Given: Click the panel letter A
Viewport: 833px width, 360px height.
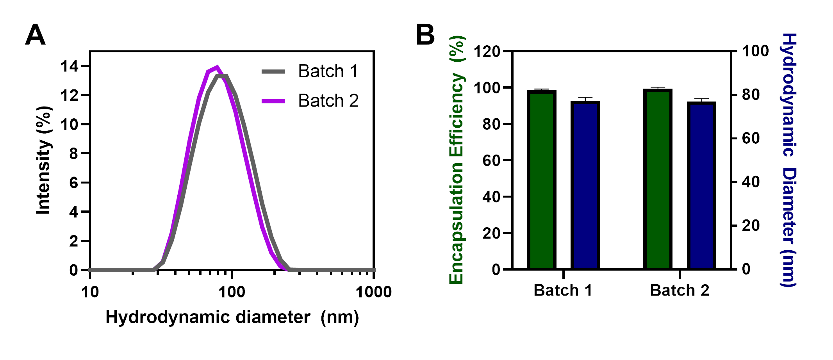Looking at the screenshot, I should click(35, 35).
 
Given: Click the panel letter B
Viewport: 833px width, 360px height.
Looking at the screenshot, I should click(425, 35).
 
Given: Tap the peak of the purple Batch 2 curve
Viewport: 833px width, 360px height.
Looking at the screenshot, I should click(217, 67).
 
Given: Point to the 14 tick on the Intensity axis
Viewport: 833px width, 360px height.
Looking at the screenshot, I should click(69, 66).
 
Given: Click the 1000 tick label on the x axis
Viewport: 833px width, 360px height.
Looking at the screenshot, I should click(373, 292).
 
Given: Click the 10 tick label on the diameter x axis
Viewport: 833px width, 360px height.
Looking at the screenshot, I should click(90, 292).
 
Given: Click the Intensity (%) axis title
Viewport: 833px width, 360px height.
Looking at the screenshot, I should click(44, 160).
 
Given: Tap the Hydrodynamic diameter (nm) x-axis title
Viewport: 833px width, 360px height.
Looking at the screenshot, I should click(232, 317).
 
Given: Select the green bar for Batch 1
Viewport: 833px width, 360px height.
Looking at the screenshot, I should click(541, 180).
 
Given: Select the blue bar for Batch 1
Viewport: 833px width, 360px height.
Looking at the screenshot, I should click(585, 185).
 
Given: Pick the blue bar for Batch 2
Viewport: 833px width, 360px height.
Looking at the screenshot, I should click(701, 185).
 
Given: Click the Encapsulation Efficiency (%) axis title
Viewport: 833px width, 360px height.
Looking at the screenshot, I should click(457, 160).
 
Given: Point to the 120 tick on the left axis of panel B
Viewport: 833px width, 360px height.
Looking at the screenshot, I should click(487, 51).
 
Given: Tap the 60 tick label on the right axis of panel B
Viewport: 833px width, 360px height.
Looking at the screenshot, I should click(751, 138).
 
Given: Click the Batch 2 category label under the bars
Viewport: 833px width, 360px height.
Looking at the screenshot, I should click(680, 290).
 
